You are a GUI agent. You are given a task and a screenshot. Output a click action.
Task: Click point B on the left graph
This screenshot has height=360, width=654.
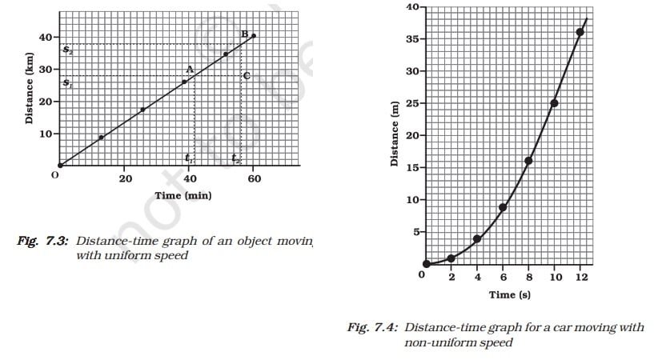[x=245, y=33]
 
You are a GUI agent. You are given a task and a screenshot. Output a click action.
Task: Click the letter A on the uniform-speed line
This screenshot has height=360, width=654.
[x=190, y=70]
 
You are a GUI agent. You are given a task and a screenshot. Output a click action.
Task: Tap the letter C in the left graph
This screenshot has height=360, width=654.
[x=247, y=76]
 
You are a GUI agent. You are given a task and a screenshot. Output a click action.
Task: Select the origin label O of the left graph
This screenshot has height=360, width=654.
[x=56, y=174]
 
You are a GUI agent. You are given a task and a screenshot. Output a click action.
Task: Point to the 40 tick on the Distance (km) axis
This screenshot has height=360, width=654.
[x=45, y=38]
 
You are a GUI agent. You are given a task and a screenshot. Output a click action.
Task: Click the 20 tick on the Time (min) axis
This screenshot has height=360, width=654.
[x=126, y=178]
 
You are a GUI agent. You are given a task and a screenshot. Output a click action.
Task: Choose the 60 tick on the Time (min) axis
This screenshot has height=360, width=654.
[x=254, y=178]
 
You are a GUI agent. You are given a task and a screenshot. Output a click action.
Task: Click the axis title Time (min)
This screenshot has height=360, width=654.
[x=183, y=195]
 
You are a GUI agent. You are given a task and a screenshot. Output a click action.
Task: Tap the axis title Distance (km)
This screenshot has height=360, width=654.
[x=29, y=94]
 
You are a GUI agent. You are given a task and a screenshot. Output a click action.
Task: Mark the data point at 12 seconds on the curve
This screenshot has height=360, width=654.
[x=580, y=32]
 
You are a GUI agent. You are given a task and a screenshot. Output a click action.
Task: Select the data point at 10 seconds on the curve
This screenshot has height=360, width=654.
[x=554, y=103]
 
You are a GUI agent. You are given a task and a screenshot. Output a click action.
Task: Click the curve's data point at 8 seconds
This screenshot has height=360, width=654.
[x=528, y=161]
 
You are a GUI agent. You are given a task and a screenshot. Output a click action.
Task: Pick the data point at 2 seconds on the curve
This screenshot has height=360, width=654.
[x=451, y=258]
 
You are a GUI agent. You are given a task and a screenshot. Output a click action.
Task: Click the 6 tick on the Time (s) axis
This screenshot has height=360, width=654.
[x=503, y=277]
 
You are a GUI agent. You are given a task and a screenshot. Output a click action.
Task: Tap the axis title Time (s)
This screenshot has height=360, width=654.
[x=510, y=294]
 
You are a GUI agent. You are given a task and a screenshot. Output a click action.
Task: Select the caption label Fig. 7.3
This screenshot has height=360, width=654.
[x=43, y=241]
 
